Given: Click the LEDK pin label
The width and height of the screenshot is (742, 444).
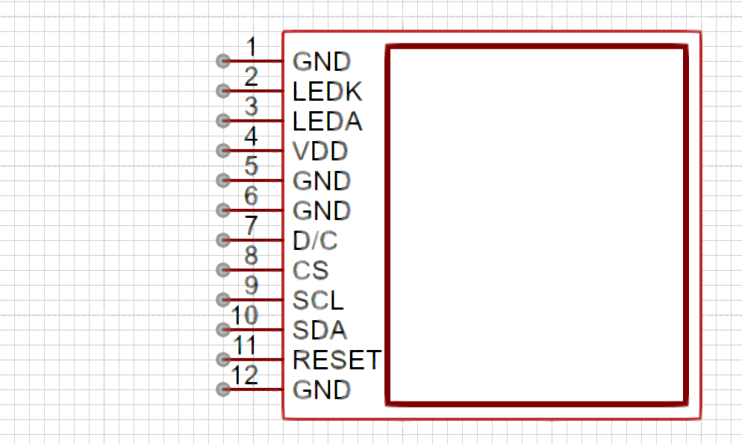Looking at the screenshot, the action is click(328, 91).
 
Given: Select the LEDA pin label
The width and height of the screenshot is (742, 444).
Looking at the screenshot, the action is click(328, 121).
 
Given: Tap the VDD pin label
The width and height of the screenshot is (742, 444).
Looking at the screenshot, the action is click(320, 151).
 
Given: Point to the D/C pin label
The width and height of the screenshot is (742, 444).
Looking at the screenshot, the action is click(315, 241).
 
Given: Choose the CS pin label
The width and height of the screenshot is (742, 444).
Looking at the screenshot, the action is click(311, 270).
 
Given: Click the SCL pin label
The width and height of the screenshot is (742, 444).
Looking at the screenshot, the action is click(318, 300).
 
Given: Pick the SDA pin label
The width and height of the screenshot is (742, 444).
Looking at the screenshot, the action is click(320, 330).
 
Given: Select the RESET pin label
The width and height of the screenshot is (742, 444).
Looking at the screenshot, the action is click(337, 360).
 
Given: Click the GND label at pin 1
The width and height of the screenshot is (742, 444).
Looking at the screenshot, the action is click(322, 61).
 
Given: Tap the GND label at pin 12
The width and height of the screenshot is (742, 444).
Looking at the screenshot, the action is click(322, 390).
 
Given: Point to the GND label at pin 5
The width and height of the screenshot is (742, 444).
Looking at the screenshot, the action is click(322, 181).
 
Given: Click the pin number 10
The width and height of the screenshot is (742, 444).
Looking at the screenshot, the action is click(245, 316).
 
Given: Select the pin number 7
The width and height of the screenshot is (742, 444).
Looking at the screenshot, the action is click(252, 225).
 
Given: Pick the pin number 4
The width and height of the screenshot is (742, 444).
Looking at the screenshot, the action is click(252, 136).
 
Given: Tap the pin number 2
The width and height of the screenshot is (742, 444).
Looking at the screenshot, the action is click(252, 77).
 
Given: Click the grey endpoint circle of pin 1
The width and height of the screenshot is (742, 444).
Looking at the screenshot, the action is click(223, 61).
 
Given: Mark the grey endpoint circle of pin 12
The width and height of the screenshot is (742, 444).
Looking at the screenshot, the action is click(223, 390).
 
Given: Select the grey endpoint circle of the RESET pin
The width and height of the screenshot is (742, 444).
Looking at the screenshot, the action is click(223, 360).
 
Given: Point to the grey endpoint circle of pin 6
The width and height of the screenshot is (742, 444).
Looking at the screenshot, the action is click(223, 210).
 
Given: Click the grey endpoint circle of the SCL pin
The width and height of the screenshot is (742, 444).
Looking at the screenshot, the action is click(223, 300).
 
